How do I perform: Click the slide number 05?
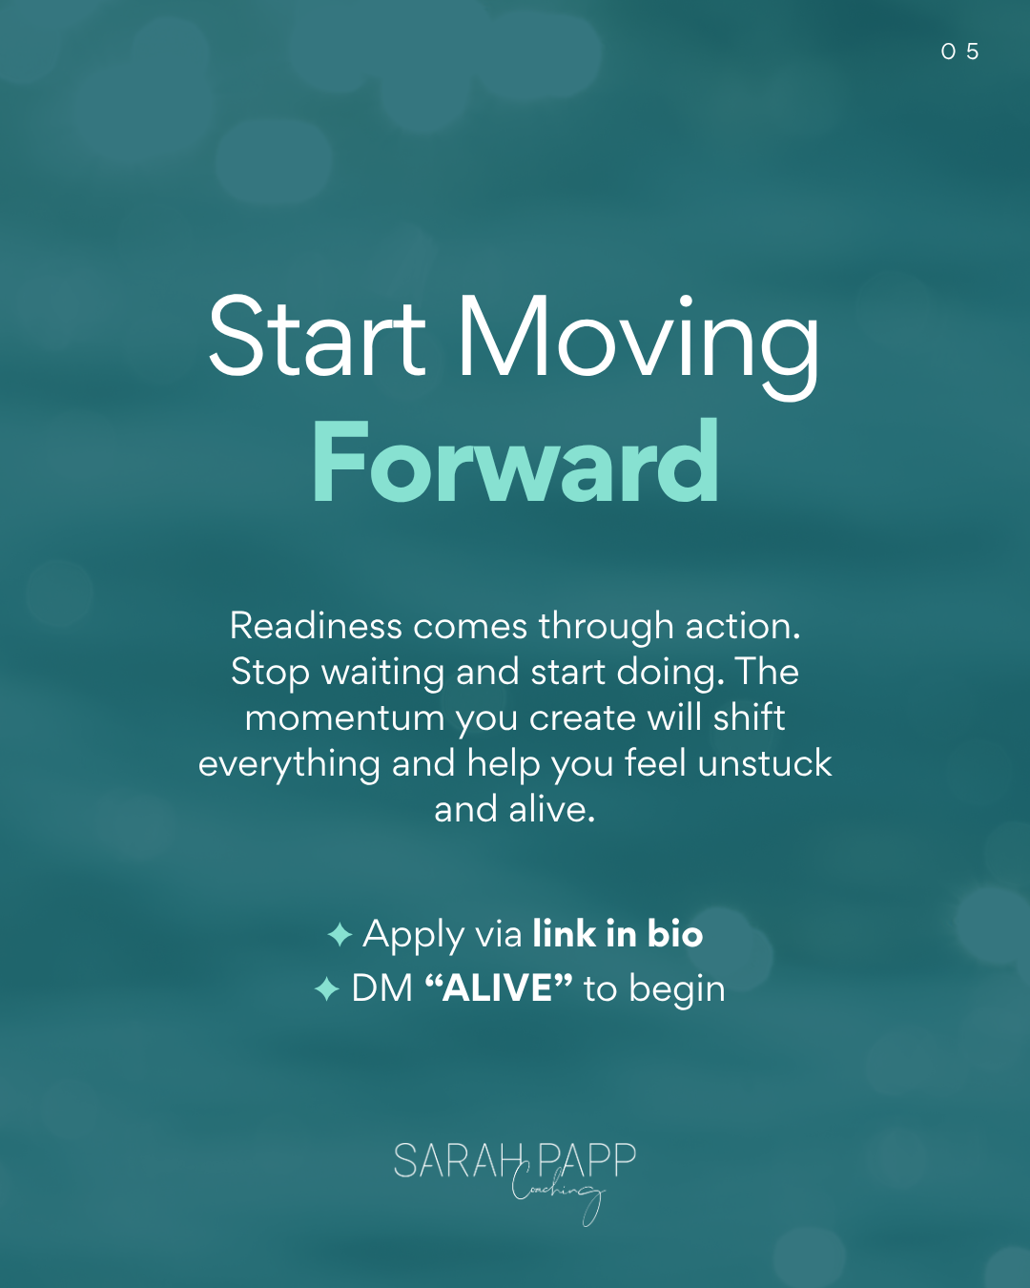coord(959,52)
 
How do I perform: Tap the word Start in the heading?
coord(317,336)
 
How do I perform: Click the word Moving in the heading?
coord(639,346)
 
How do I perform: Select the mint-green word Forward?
coord(515,462)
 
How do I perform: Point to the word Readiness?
coord(316,626)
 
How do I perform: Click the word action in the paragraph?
coord(743,626)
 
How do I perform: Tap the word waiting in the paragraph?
coord(383,674)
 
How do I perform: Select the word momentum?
coord(344,718)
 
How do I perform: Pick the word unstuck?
coord(765,763)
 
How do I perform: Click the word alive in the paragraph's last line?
coord(551,810)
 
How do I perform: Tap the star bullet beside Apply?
coord(340,934)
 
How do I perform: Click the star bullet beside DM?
coord(327,988)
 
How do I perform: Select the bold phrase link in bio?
coord(618,934)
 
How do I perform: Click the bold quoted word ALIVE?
coord(499,987)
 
